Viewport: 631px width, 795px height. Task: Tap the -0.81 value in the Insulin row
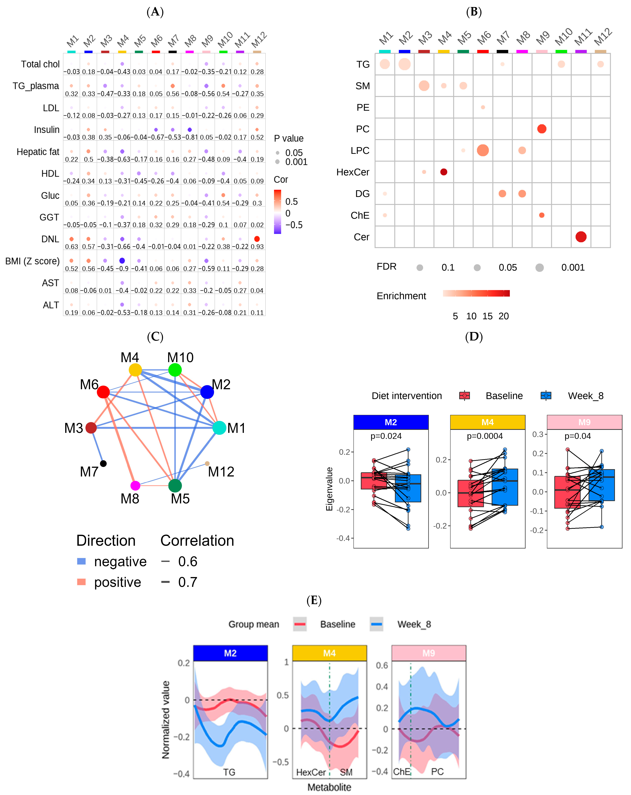pos(190,137)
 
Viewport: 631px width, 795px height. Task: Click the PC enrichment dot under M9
pos(542,129)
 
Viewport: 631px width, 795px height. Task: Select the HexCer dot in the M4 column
pos(444,172)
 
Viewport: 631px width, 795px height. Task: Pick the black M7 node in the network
pos(104,463)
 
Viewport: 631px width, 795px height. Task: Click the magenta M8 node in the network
pos(135,486)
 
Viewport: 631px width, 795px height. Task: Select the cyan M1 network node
pos(220,428)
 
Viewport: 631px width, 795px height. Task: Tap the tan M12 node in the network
pos(207,463)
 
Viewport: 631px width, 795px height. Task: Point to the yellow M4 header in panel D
pos(487,422)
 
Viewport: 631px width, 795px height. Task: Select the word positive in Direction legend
pos(118,582)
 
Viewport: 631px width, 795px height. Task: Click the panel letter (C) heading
pos(155,337)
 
